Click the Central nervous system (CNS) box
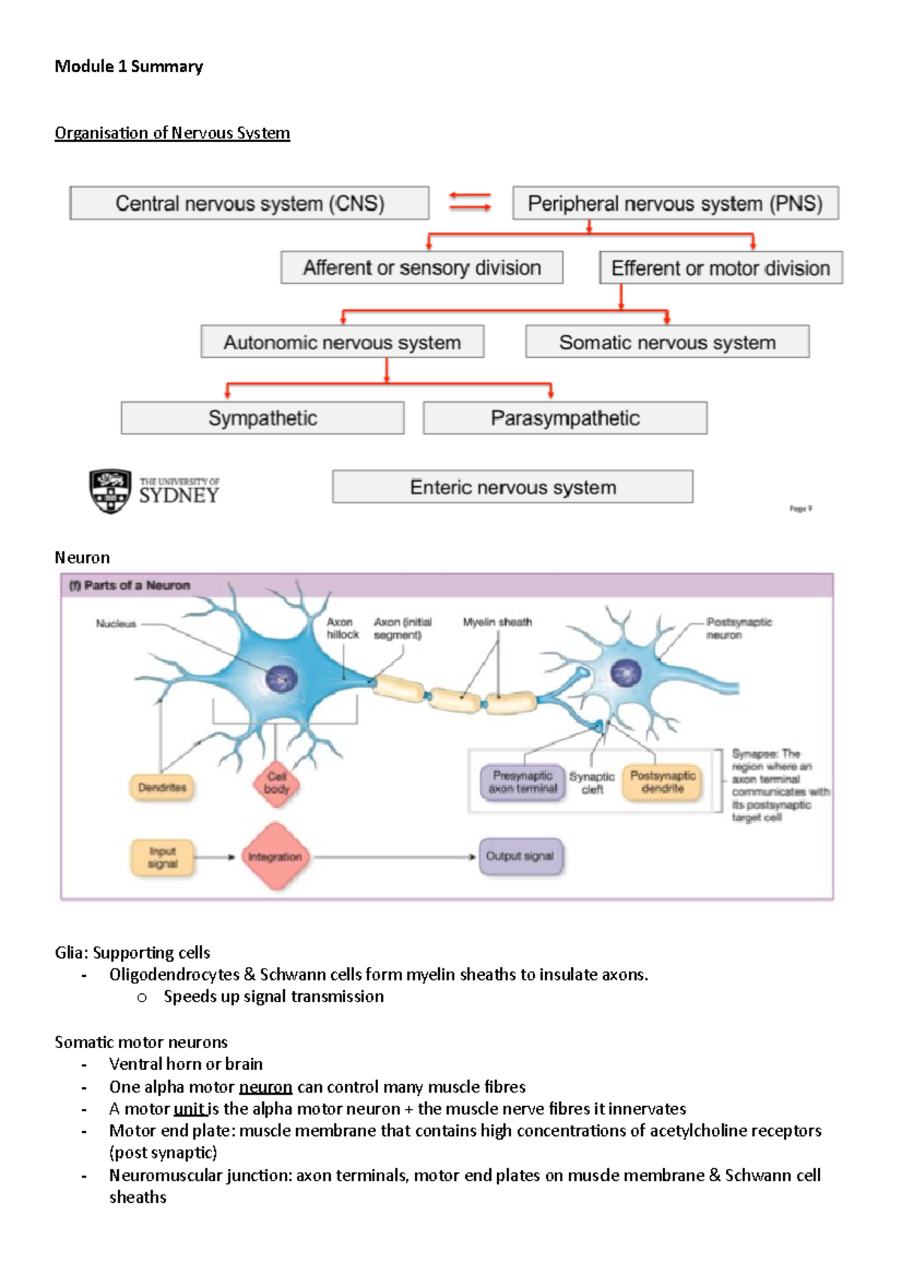coord(250,204)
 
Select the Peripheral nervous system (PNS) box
coord(675,204)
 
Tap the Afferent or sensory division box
coord(422,267)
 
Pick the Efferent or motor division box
coord(720,268)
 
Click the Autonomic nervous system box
coord(342,343)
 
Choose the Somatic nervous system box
coord(667,343)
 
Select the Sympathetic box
coord(262,418)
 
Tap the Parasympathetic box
coord(565,418)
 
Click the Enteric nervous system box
coord(513,487)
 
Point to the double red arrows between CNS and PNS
coord(470,201)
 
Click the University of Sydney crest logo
coord(110,491)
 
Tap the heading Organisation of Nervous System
coord(172,133)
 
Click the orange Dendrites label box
coord(162,787)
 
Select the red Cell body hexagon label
coord(277,783)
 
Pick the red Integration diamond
coord(274,857)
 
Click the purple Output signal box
coord(520,857)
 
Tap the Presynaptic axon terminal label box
coord(522,782)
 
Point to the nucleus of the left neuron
coord(282,679)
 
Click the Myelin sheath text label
coord(497,622)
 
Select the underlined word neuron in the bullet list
coord(265,1086)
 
